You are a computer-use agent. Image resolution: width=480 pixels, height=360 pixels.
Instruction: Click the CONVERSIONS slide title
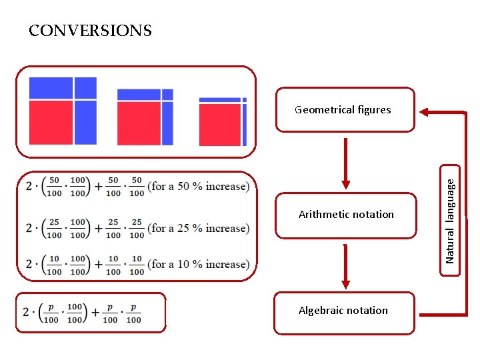click(90, 31)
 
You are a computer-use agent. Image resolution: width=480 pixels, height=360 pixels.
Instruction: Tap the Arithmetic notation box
click(345, 215)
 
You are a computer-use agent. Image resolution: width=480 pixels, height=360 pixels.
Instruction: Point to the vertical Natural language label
click(451, 215)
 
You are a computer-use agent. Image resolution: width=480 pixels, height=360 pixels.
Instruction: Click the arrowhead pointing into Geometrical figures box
click(425, 112)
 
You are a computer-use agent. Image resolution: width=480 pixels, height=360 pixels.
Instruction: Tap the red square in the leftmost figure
click(51, 122)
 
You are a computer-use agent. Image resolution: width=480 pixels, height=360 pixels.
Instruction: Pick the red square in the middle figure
click(139, 123)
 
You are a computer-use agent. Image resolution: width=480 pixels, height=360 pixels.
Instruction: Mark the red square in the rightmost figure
click(219, 125)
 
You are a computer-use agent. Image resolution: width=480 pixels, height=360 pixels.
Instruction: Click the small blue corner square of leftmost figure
click(85, 87)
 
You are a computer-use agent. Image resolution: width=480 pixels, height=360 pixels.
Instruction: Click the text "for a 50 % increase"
click(200, 186)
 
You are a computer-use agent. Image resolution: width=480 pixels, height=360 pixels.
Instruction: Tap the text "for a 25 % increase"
click(200, 228)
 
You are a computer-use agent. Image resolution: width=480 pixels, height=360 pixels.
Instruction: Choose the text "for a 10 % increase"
click(200, 264)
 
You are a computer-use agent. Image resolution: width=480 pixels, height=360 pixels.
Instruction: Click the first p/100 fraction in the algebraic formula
click(51, 313)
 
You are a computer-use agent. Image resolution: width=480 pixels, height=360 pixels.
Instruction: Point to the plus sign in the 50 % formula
click(98, 187)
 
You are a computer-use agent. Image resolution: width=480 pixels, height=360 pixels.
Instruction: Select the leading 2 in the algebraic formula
click(25, 313)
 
